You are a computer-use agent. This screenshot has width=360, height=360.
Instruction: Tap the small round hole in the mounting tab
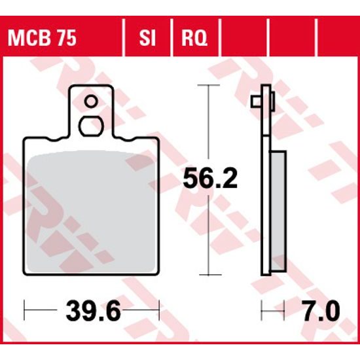click(x=92, y=101)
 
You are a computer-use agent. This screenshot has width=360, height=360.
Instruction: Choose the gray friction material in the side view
click(x=278, y=209)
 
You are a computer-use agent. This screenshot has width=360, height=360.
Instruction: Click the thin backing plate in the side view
click(x=266, y=196)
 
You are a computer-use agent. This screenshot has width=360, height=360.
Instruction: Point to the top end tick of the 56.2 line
click(x=209, y=86)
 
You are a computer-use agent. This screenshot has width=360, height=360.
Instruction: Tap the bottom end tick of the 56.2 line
click(x=209, y=276)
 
